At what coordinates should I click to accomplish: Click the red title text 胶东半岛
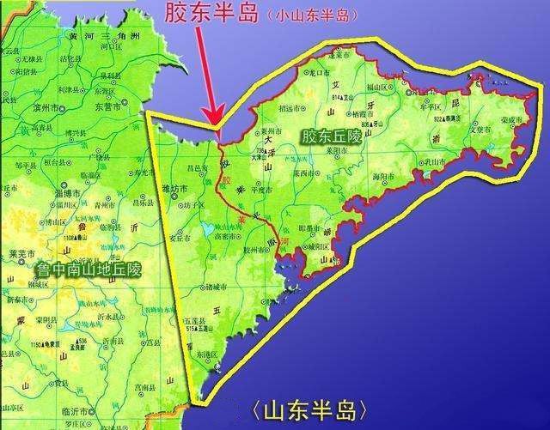[x=221, y=15]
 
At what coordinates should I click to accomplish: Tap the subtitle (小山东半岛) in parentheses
[x=315, y=16]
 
